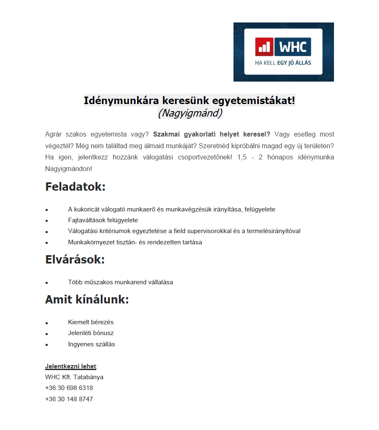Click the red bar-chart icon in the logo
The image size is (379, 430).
pos(264,47)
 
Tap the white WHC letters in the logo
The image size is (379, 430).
pos(293,47)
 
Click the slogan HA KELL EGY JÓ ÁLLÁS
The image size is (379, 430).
pos(283,63)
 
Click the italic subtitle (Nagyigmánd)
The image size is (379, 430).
pos(190,113)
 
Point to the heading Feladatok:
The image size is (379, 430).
pos(75,186)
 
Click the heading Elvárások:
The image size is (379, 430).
pos(75,260)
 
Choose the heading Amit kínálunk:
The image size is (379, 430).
pos(87,300)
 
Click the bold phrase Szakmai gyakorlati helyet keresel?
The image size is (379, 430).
pos(212,134)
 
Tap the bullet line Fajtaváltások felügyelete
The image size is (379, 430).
pos(103,220)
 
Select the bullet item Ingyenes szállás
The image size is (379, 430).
pos(92,344)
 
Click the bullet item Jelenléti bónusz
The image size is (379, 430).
pos(91,333)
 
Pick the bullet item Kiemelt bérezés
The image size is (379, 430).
pos(91,322)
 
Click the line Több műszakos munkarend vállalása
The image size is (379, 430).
pos(120,282)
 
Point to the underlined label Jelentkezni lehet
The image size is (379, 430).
pos(70,366)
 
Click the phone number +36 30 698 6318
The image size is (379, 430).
pos(69,388)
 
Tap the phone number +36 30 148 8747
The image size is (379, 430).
pos(69,399)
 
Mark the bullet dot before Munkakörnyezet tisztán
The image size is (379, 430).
pos(47,243)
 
